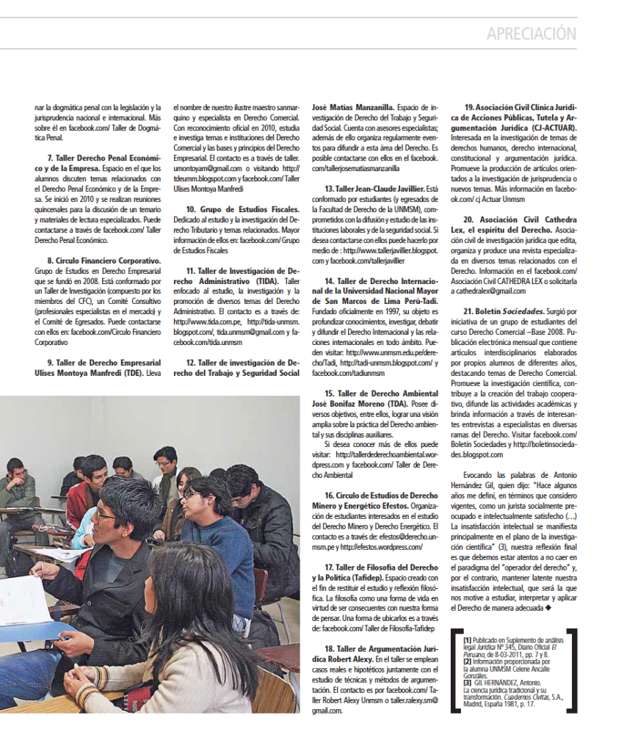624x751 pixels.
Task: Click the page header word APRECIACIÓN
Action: click(532, 34)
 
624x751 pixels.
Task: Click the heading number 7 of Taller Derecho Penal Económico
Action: click(49, 158)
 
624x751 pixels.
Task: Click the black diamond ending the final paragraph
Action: click(548, 609)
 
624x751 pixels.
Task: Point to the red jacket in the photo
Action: click(81, 499)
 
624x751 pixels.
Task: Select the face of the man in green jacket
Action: click(15, 470)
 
